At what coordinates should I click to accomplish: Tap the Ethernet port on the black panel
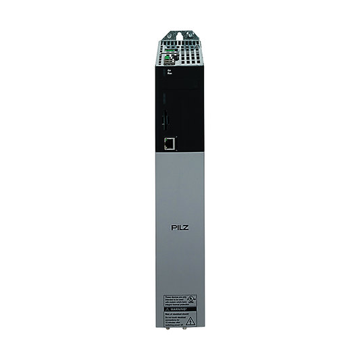tap(170, 143)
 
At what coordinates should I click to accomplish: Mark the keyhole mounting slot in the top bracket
tap(179, 32)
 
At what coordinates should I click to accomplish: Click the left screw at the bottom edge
tap(169, 332)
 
